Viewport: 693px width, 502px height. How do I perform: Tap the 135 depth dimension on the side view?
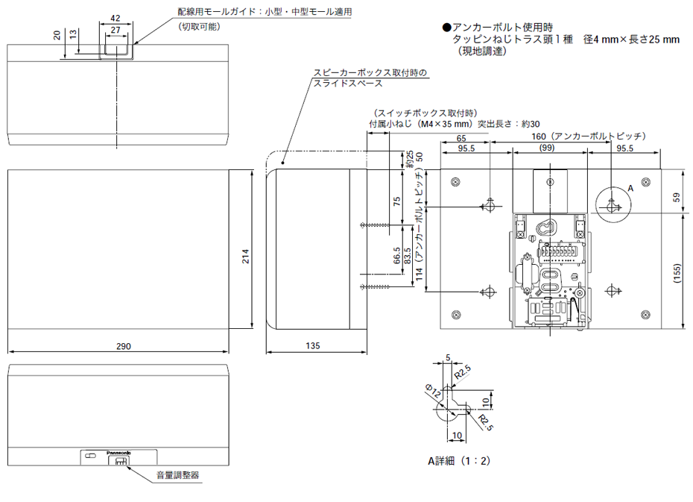(x=313, y=346)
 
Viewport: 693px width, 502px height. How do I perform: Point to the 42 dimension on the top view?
(x=115, y=18)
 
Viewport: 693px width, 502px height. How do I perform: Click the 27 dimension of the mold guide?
(x=115, y=30)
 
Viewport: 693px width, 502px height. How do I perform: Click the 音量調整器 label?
(x=177, y=475)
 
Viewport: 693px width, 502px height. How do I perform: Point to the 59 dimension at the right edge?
(x=676, y=197)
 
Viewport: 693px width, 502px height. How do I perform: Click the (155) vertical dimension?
(x=676, y=273)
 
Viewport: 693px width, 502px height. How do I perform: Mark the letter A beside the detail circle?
(x=630, y=189)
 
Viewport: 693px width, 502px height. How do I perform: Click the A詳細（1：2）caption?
(x=459, y=461)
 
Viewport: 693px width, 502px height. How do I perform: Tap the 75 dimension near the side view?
(x=396, y=201)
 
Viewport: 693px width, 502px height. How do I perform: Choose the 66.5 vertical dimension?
(x=396, y=256)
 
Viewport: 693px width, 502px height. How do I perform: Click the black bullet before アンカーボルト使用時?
(x=446, y=27)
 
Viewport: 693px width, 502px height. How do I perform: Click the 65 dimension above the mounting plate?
(x=461, y=139)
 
